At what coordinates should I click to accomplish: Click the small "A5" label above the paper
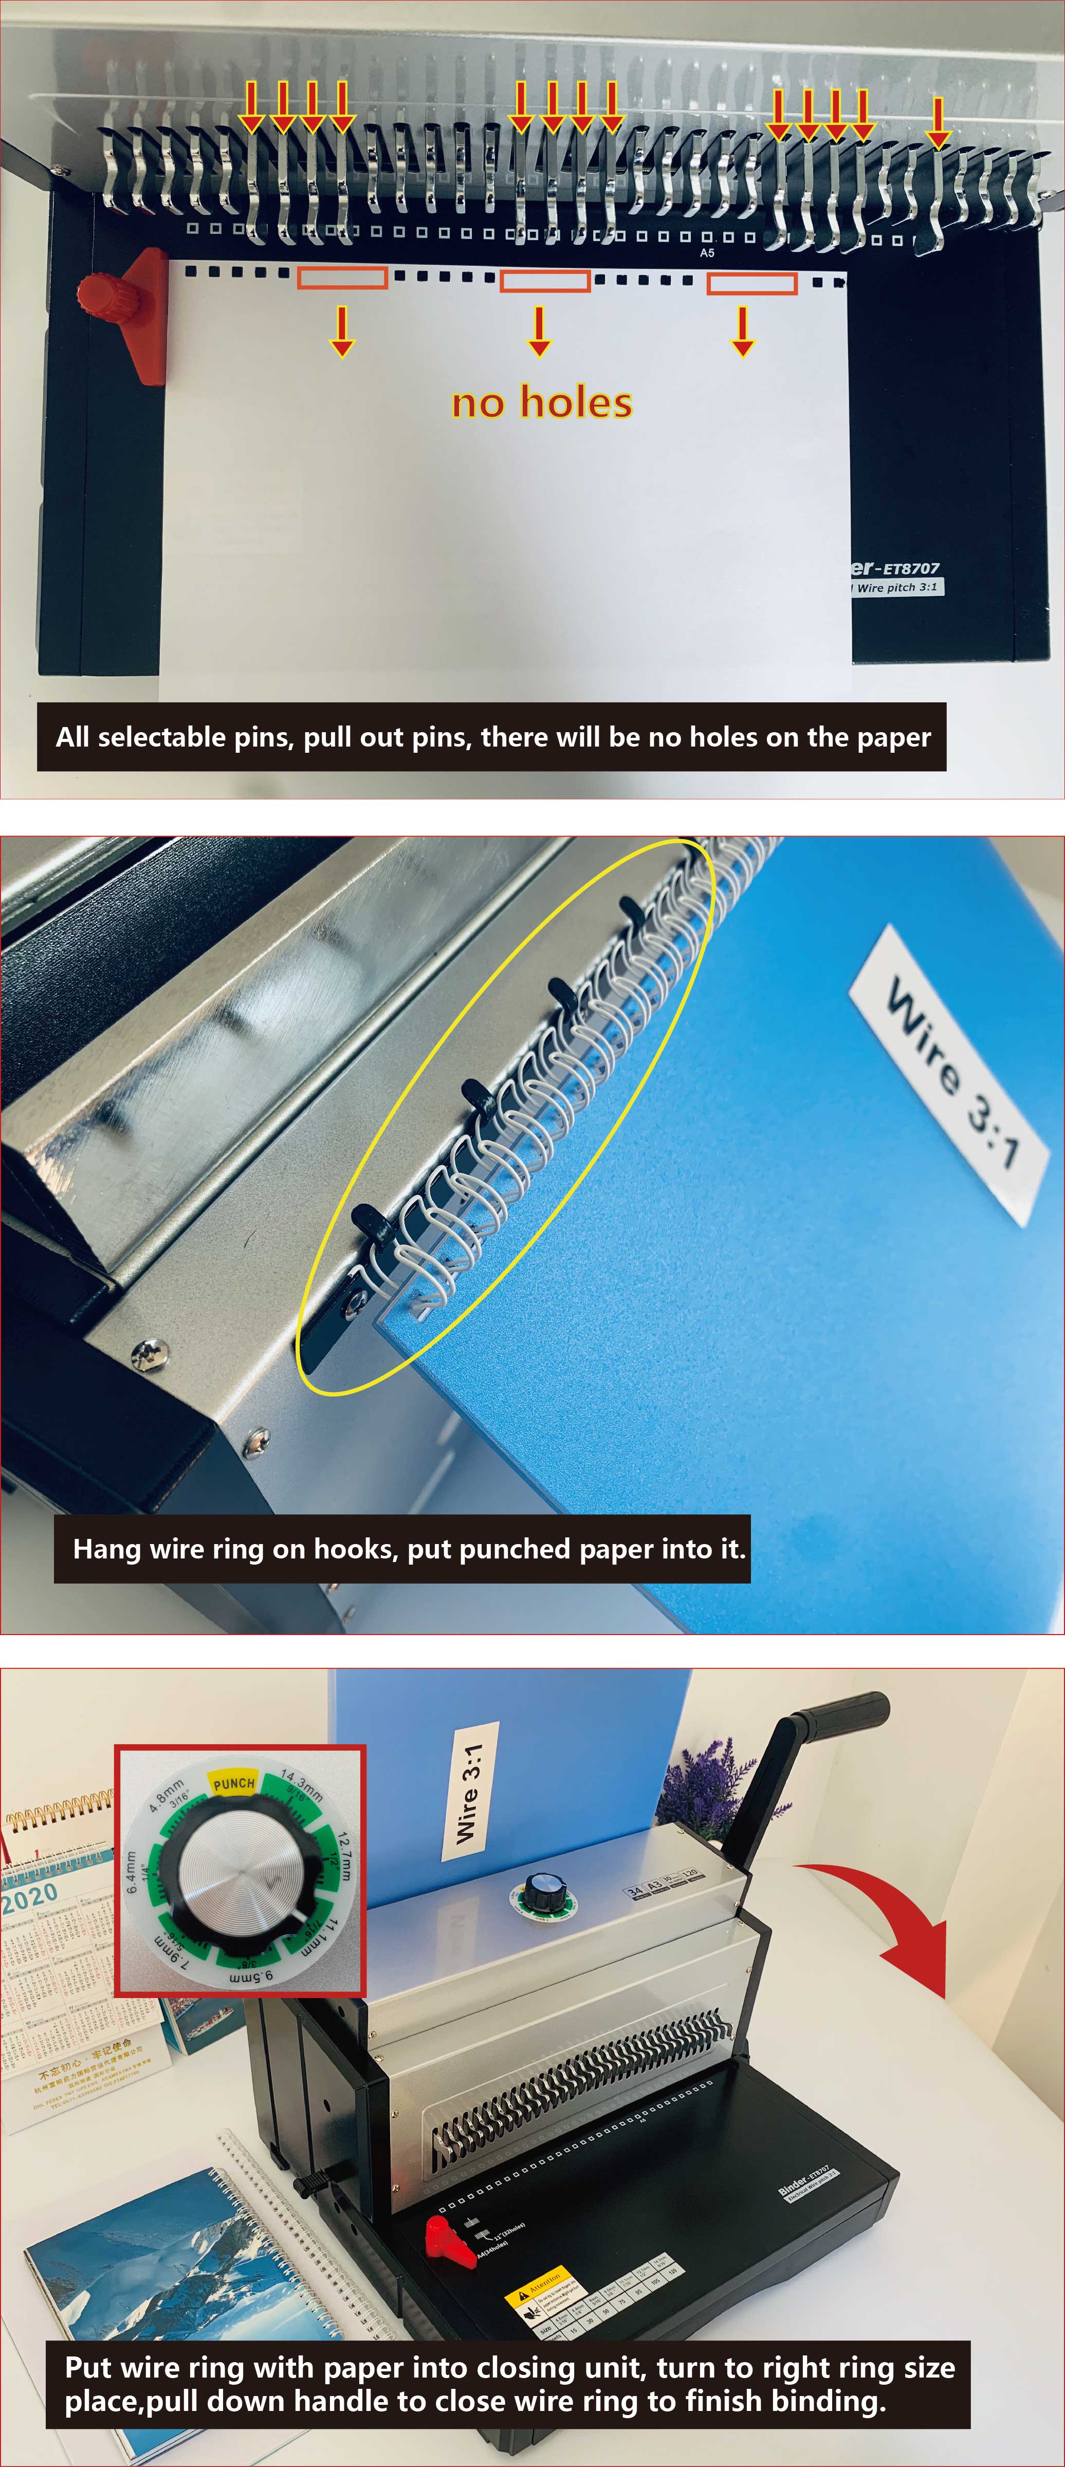[707, 253]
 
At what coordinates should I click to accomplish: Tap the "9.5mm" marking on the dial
[251, 1975]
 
